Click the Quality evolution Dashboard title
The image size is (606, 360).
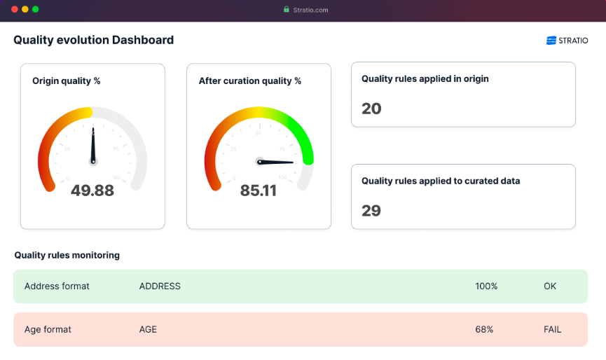tap(93, 40)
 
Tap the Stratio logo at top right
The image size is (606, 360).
tap(567, 41)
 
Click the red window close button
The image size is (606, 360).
tap(13, 10)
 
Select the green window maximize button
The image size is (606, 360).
tap(36, 10)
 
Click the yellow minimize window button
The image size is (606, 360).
tap(25, 10)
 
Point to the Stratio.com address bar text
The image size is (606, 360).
tap(310, 10)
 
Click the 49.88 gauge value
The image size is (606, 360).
tap(92, 190)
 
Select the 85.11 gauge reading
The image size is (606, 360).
tap(259, 190)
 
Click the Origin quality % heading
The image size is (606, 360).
tap(67, 81)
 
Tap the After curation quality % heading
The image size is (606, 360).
tap(250, 81)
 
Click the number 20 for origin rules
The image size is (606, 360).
tap(371, 109)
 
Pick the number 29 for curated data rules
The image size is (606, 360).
tap(371, 211)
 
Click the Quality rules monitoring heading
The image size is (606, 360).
tap(67, 255)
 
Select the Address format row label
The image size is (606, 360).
tap(57, 286)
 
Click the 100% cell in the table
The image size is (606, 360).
tap(486, 286)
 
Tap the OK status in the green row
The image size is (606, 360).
tap(550, 286)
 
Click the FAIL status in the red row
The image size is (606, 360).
tap(552, 329)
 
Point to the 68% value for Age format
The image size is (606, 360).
tap(484, 329)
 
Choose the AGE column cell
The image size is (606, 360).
tap(148, 329)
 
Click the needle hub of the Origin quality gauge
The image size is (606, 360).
tap(92, 161)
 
